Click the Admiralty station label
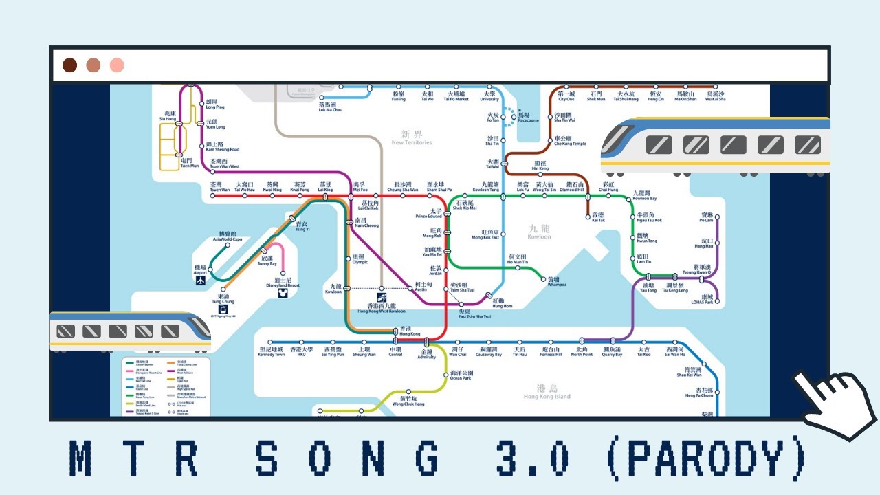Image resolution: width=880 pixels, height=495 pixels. coord(427,353)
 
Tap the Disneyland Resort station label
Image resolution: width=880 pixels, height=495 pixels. coord(283,283)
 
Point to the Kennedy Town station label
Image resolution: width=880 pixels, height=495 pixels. coord(271,352)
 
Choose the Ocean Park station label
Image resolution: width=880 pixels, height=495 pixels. coord(461,375)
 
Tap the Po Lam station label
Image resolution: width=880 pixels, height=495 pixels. coord(706,218)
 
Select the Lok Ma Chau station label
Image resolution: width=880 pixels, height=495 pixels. coord(331,107)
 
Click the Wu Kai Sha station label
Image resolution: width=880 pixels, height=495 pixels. coord(715,96)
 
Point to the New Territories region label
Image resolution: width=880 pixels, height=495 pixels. coord(412,138)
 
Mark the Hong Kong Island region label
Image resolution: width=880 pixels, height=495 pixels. coord(547,393)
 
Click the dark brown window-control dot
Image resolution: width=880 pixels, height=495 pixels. coord(69,65)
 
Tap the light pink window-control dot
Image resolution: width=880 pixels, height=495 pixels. coord(117,65)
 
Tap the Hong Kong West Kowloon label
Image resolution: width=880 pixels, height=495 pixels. coord(382,307)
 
